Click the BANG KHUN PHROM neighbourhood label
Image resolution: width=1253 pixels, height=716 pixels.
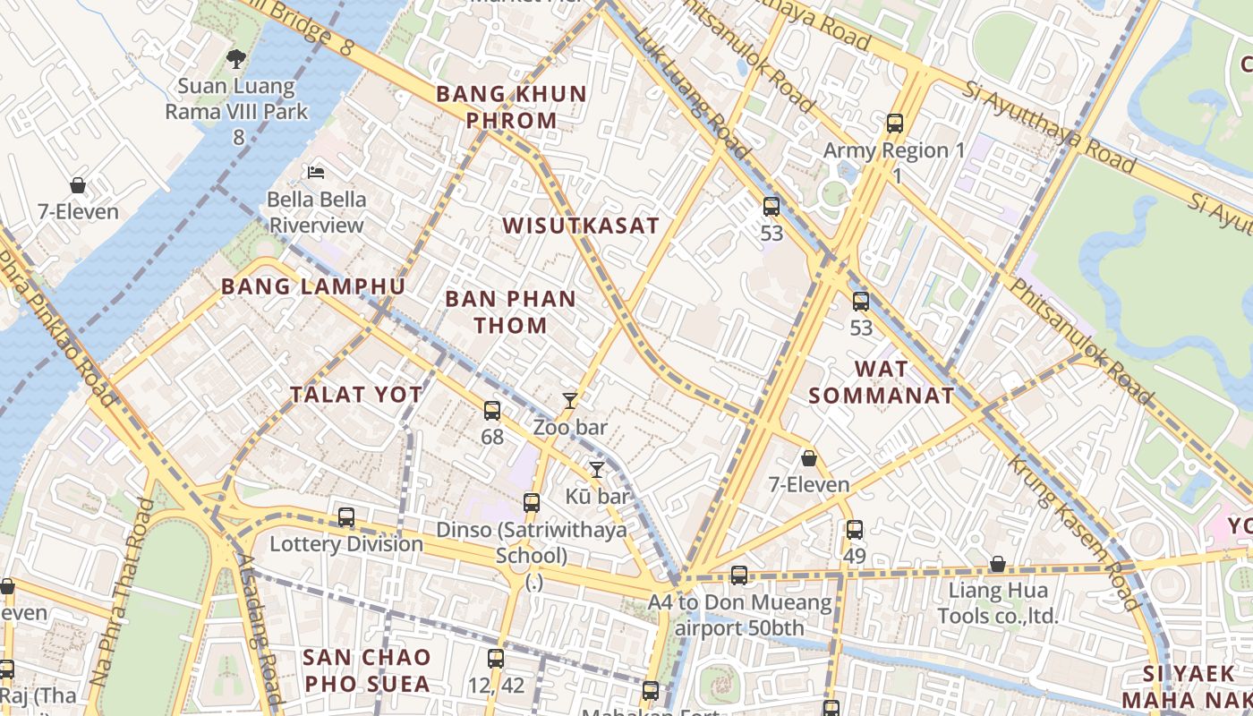(511, 107)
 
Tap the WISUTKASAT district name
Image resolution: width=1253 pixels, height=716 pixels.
(581, 226)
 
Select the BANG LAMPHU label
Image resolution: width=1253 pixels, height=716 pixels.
(313, 286)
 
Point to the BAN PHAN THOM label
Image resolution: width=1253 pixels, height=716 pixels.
(511, 311)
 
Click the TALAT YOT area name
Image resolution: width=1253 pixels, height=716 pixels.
(356, 395)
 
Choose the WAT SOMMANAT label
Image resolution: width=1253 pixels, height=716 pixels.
(882, 382)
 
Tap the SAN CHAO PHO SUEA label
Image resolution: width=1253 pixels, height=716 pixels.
(366, 670)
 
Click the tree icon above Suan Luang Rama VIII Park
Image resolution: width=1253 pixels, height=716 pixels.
(236, 59)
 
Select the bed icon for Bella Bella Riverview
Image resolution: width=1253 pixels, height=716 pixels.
(315, 172)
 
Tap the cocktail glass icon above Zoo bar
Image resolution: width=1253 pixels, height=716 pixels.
(570, 400)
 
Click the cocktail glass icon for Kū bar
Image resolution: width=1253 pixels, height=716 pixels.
(597, 469)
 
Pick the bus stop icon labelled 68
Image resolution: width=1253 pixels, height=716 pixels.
(492, 411)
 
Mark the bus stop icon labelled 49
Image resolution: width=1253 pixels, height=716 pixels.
(855, 529)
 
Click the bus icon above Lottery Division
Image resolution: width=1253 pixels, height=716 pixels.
(346, 516)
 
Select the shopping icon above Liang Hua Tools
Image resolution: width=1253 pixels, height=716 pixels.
(997, 564)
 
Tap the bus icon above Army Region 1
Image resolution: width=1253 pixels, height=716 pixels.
(894, 124)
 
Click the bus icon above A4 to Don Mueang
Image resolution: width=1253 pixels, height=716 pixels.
(739, 575)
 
